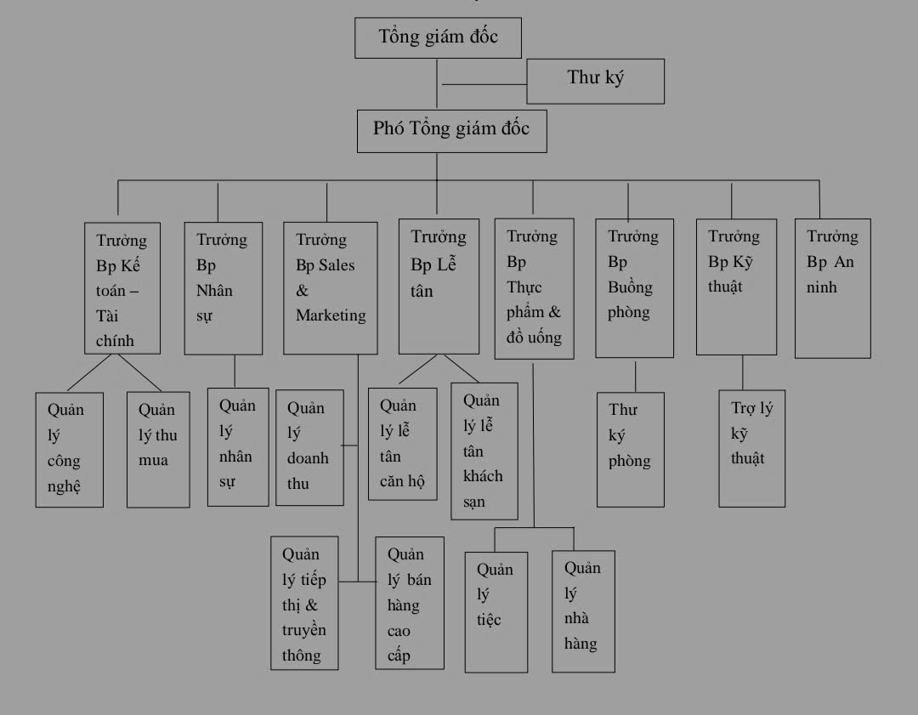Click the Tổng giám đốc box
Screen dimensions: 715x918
(x=438, y=37)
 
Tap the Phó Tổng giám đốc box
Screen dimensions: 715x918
(x=451, y=131)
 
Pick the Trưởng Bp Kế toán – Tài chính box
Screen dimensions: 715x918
(x=123, y=287)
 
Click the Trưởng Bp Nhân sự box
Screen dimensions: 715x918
(x=223, y=287)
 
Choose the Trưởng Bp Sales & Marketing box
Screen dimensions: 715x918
(x=330, y=287)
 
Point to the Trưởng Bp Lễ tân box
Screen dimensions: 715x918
(x=439, y=286)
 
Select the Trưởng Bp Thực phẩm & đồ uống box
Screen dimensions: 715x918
(x=534, y=287)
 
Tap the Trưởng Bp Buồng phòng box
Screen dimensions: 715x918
(x=634, y=287)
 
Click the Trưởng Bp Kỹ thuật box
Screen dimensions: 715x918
(x=736, y=286)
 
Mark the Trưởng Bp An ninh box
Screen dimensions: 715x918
(x=833, y=287)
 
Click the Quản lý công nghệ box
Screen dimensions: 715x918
(x=70, y=450)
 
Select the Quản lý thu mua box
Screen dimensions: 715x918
(x=158, y=450)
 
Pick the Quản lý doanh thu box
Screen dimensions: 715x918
(x=309, y=447)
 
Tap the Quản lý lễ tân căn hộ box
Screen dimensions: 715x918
(x=402, y=443)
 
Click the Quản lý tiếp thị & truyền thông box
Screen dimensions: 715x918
(x=304, y=603)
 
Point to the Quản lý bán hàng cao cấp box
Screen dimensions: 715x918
(x=410, y=603)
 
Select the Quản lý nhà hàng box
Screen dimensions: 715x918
(x=583, y=611)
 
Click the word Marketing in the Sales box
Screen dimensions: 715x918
(x=331, y=315)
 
